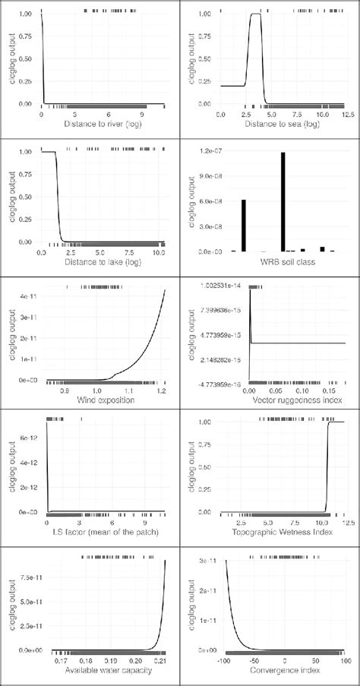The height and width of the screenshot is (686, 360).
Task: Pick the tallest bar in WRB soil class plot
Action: (x=282, y=201)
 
